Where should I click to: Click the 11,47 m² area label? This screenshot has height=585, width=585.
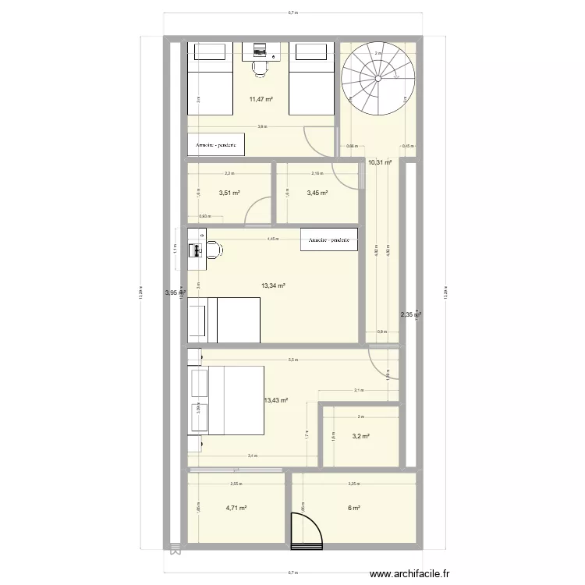[261, 99]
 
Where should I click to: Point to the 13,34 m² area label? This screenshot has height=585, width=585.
[273, 285]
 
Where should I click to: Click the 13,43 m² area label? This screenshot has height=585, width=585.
[276, 400]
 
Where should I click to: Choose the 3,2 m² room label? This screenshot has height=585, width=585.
[360, 437]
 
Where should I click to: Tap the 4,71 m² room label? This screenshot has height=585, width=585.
[236, 508]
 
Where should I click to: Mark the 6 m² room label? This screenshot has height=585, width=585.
[353, 508]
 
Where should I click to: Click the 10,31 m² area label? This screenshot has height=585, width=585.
[379, 162]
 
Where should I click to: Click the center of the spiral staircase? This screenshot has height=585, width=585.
[378, 78]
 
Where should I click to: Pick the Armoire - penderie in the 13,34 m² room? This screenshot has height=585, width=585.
[329, 239]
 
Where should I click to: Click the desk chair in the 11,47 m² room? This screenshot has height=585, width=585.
[260, 69]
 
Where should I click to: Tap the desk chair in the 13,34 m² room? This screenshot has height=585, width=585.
[214, 250]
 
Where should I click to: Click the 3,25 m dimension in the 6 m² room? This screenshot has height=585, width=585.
[353, 484]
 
